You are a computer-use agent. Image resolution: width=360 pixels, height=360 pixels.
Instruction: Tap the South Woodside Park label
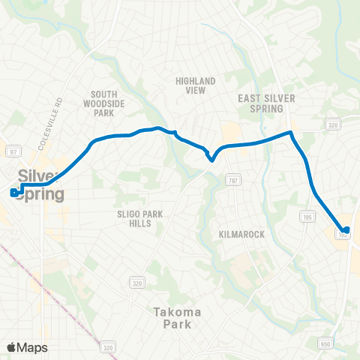103,103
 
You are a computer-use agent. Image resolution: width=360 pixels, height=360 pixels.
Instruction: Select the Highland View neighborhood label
195,85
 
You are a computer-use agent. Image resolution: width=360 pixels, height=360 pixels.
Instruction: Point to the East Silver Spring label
267,103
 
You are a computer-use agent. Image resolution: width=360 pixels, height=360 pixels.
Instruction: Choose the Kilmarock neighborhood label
242,235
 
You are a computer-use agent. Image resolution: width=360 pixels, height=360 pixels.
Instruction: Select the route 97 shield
12,151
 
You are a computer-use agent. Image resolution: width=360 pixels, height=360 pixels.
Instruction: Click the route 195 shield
305,196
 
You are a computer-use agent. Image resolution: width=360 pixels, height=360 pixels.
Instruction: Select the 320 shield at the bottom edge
109,347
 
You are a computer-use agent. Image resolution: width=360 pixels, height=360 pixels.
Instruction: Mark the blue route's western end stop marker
14,192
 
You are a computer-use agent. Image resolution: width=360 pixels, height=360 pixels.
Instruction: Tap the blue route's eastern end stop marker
346,229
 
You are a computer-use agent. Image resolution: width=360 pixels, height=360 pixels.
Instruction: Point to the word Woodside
104,103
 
